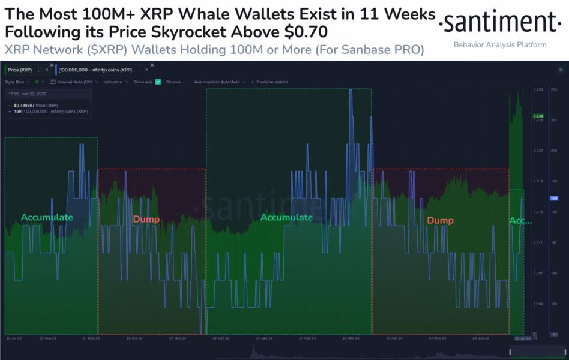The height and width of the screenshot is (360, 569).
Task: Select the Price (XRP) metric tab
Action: click(x=23, y=70)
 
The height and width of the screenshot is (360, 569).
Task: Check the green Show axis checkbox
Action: click(x=158, y=82)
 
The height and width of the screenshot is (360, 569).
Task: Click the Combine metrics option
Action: click(x=272, y=82)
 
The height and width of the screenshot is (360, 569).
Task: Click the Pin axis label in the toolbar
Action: click(x=173, y=82)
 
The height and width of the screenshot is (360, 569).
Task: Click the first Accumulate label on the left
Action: click(x=47, y=217)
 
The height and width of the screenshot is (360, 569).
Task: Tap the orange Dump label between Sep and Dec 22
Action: click(x=146, y=219)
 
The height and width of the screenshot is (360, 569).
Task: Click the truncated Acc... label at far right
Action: click(x=520, y=221)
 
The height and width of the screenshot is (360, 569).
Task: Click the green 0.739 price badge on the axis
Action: click(x=538, y=116)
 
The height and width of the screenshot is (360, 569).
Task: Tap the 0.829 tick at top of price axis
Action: click(x=538, y=89)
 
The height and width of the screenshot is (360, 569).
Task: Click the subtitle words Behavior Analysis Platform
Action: click(x=499, y=45)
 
